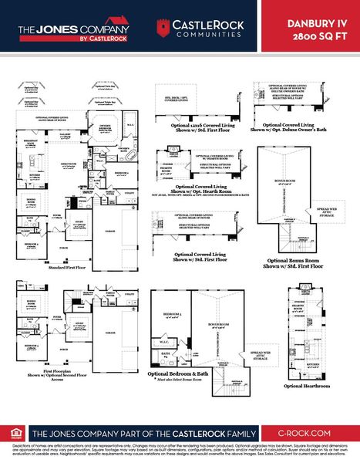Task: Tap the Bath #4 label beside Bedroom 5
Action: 165,355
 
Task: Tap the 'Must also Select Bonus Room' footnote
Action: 188,381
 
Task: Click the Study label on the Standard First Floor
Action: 79,225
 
